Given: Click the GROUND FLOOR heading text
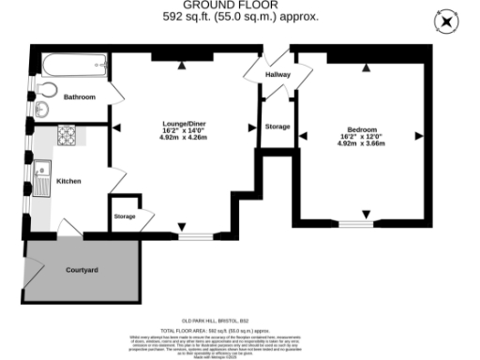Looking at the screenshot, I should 240,5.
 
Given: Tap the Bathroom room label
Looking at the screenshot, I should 80,97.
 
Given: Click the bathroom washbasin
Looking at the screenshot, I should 40,111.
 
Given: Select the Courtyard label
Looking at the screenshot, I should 82,270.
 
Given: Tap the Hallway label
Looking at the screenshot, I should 277,74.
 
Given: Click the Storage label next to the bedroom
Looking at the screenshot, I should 277,126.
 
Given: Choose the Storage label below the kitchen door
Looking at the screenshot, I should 126,217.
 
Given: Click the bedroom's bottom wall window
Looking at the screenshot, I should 355,224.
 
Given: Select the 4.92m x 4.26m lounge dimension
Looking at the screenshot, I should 184,145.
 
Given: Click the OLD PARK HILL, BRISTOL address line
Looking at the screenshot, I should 240,321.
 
